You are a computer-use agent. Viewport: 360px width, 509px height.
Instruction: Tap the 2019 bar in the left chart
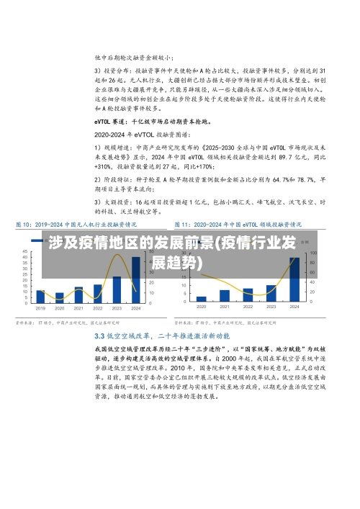pos(41,296)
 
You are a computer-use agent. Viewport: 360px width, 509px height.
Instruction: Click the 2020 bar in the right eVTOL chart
pos(202,299)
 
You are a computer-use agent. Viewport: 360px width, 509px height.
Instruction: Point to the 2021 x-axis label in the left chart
pos(79,307)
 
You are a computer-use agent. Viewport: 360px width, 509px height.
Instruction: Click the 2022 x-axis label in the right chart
pos(248,307)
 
